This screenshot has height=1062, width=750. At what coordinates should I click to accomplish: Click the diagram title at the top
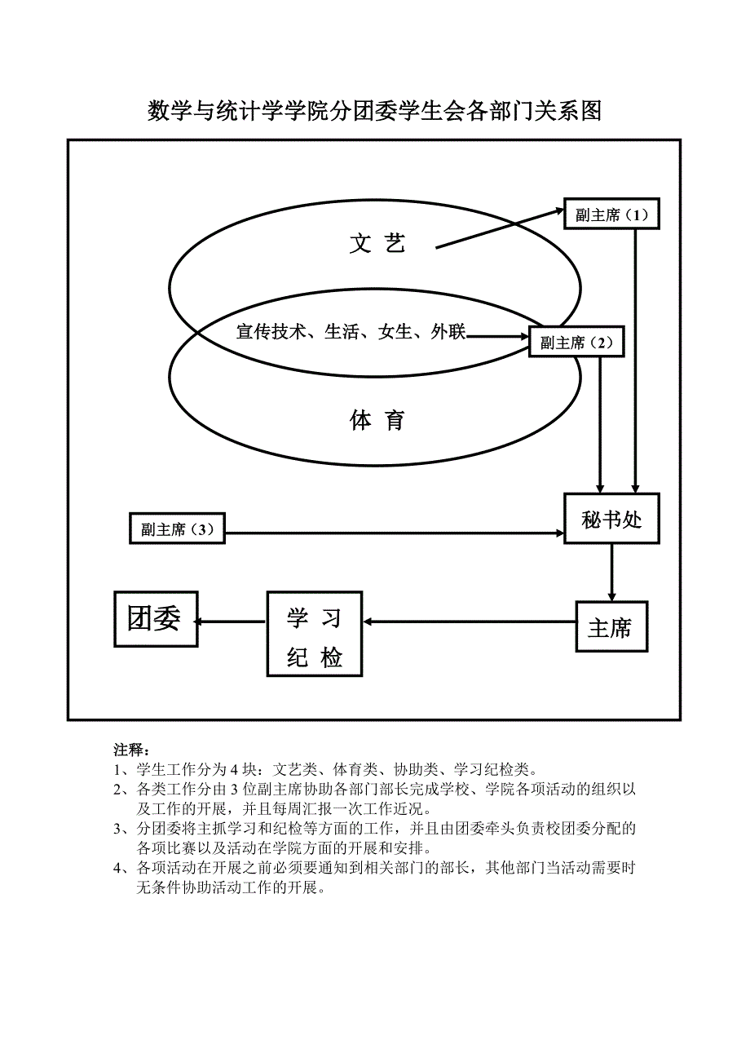point(374,111)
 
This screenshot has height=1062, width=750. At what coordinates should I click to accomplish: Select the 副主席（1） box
point(611,215)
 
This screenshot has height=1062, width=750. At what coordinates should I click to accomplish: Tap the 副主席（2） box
point(576,343)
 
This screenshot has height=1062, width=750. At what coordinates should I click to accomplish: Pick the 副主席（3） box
point(177,529)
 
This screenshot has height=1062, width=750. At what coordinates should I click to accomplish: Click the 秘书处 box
point(611,520)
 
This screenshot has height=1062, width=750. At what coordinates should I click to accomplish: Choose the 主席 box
point(611,627)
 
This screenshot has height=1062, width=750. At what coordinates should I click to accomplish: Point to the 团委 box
point(155,620)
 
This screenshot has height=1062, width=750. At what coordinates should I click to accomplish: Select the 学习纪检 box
point(315,634)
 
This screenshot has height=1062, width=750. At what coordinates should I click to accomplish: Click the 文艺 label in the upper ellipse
point(377,243)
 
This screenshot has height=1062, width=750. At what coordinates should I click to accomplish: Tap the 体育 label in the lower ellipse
point(377,421)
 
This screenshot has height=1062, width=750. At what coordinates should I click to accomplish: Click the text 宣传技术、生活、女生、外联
point(351,332)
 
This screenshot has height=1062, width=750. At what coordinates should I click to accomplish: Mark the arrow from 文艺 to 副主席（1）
point(499,229)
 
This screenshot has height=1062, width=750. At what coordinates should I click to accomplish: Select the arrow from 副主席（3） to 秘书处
point(395,533)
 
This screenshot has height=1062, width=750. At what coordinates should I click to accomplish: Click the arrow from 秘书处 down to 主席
point(612,573)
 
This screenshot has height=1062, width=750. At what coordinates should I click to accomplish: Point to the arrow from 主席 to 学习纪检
point(470,622)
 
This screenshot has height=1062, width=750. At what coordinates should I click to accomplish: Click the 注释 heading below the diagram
point(128,750)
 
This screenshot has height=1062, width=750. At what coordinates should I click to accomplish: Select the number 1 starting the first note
point(118,769)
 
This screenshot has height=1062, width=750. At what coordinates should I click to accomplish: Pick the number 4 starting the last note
point(118,868)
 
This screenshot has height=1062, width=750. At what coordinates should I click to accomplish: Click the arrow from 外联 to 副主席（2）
point(497,335)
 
